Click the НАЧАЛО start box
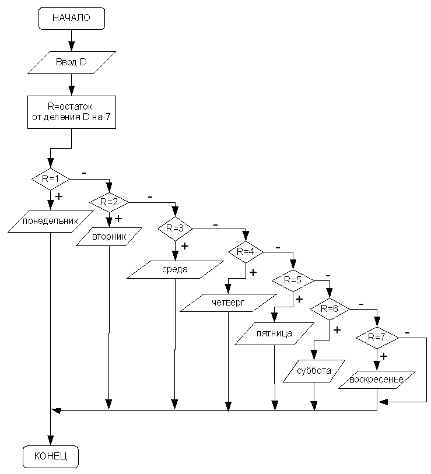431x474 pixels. (x=72, y=18)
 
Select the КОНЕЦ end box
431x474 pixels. (x=51, y=457)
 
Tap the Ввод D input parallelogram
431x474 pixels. (x=72, y=62)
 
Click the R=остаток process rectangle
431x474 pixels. (x=72, y=112)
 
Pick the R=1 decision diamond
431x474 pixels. (x=51, y=179)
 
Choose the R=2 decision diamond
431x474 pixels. (x=109, y=202)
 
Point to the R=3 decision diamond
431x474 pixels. (x=175, y=229)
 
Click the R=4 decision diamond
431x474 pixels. (x=246, y=252)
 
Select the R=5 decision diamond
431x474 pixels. (x=293, y=280)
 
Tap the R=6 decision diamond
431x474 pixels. (x=330, y=309)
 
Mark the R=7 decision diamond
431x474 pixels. (x=377, y=338)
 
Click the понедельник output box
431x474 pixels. (x=51, y=221)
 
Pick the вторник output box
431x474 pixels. (x=109, y=236)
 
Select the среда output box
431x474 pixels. (x=175, y=269)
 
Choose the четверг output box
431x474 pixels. (x=229, y=303)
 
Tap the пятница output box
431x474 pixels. (x=274, y=333)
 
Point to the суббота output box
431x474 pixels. (x=314, y=371)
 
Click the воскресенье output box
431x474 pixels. (x=377, y=380)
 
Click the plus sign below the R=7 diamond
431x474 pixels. (x=384, y=356)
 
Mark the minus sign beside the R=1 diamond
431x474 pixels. (x=85, y=173)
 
